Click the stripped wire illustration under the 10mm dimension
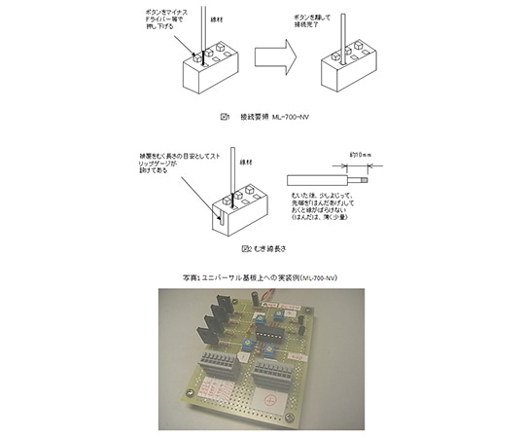[x=327, y=178]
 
